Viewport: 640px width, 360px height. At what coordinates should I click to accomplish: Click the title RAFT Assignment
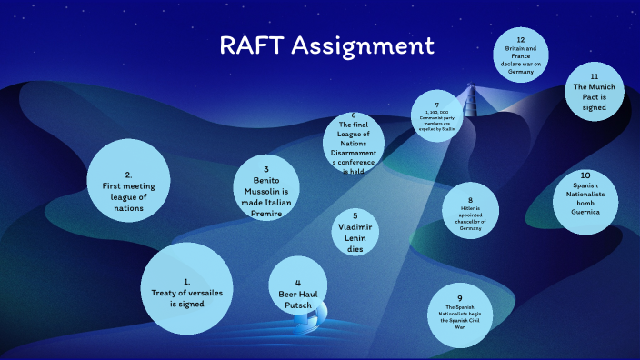click(325, 46)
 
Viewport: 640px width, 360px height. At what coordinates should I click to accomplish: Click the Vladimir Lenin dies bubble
click(355, 232)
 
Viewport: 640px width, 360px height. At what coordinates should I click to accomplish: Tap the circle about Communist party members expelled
click(436, 118)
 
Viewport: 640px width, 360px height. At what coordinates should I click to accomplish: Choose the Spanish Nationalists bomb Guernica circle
click(585, 192)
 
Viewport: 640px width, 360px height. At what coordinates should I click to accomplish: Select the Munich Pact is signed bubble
click(594, 93)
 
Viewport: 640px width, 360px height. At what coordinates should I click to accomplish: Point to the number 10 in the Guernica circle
click(585, 174)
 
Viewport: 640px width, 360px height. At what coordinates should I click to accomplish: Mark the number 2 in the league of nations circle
click(129, 174)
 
